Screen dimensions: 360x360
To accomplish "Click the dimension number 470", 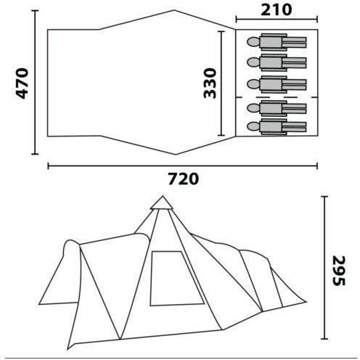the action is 22,83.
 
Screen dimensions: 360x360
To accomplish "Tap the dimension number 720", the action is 184,179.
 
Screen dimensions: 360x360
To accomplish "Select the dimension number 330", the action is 210,83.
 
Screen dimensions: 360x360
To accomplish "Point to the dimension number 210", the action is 277,10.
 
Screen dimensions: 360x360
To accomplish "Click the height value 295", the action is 339,271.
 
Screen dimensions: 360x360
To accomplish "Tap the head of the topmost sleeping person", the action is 253,42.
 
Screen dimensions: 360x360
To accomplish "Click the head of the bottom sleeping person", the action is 253,126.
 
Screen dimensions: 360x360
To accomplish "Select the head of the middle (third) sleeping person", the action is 253,84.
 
